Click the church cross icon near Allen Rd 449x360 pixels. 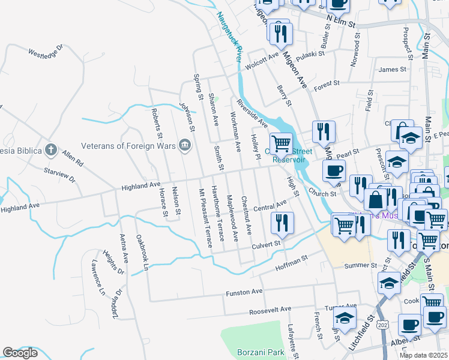[51, 149]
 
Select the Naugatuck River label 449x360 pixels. [229, 37]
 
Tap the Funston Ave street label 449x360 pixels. [244, 292]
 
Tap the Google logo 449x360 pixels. [20, 353]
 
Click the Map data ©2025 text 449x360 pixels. [423, 355]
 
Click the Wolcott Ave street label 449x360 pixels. [265, 57]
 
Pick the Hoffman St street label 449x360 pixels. [291, 259]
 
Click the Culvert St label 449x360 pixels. [266, 244]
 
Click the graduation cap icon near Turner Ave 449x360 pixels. [345, 317]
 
